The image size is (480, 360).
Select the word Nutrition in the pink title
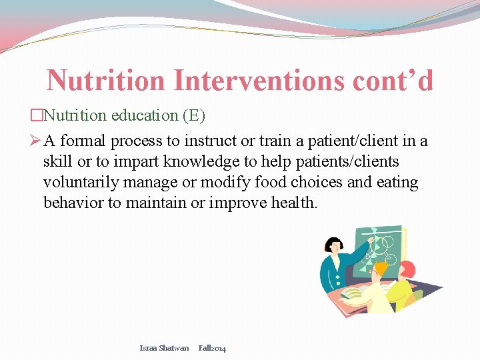(x=105, y=81)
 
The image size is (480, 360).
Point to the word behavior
(x=74, y=202)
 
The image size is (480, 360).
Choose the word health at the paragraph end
(x=294, y=202)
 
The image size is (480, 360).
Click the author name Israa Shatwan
(x=164, y=348)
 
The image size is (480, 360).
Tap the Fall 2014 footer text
(x=213, y=348)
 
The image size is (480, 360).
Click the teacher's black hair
(x=333, y=244)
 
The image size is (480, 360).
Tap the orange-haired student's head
(x=381, y=268)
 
